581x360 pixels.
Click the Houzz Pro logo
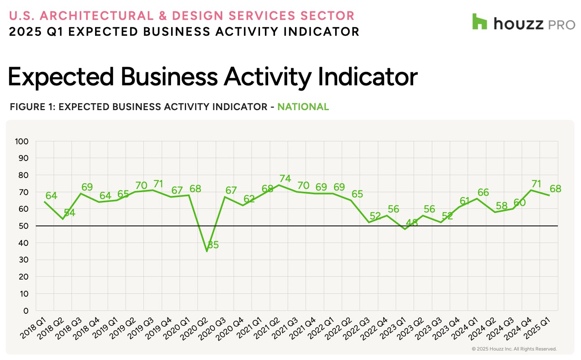pos(523,23)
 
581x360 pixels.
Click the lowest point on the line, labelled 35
pos(207,251)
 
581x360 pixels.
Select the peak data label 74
pos(285,179)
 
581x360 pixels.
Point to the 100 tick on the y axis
pos(22,141)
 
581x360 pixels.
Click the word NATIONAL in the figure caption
pos(303,107)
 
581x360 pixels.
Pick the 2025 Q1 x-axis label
pos(537,328)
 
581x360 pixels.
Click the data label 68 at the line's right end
pos(555,189)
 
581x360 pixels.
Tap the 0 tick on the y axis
pos(26,311)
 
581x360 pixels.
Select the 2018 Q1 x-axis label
pos(33,328)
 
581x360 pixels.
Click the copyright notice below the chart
pos(514,349)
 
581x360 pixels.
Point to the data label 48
pos(412,223)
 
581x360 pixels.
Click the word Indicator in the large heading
pos(368,77)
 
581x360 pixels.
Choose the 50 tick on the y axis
pos(24,226)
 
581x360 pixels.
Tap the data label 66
pos(483,193)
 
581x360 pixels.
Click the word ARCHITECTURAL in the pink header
pos(97,16)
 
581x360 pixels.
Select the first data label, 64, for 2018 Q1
pos(51,196)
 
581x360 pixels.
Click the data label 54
pos(69,213)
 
